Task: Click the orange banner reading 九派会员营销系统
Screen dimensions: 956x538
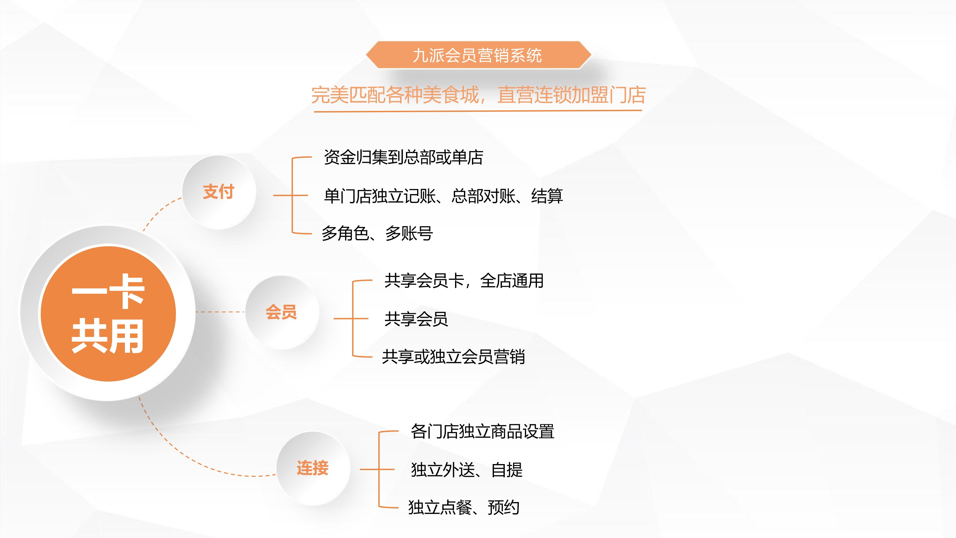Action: tap(478, 55)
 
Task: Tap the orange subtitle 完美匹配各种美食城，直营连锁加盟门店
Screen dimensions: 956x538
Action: tap(478, 95)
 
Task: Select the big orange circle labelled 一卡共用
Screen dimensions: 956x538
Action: tap(108, 313)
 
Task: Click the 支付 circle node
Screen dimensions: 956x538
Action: tap(219, 192)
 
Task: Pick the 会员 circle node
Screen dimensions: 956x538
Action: tap(282, 312)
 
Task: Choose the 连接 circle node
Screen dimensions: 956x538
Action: tap(313, 468)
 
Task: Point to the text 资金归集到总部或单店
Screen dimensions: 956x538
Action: tap(403, 157)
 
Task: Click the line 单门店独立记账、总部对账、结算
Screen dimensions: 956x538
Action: tap(443, 196)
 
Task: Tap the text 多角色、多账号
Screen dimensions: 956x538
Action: tap(377, 234)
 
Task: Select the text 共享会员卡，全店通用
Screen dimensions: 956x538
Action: tap(464, 281)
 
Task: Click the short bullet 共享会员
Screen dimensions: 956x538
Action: tap(416, 319)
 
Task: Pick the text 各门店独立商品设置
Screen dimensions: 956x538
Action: tap(482, 432)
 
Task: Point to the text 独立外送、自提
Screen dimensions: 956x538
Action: tap(467, 470)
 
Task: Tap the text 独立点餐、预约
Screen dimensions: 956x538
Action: tap(464, 507)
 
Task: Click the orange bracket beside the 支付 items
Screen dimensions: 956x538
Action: tap(293, 195)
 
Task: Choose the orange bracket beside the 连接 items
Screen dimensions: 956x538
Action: tap(379, 469)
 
